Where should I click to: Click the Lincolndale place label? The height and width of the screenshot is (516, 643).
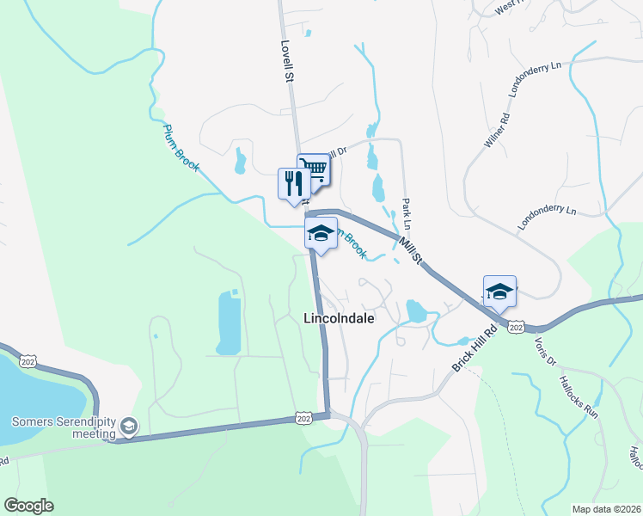[x=339, y=318]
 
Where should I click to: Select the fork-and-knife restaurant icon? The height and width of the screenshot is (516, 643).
[x=293, y=183]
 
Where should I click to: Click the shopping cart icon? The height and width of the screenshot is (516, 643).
[x=314, y=169]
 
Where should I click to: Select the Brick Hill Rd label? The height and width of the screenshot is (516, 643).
[x=475, y=349]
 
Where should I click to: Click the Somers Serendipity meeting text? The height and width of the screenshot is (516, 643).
[x=63, y=427]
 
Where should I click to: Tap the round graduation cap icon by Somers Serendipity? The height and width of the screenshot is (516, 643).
[x=128, y=426]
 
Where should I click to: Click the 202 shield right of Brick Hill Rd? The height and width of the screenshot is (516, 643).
[x=516, y=327]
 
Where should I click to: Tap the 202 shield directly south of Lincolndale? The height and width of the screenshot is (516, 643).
[x=303, y=417]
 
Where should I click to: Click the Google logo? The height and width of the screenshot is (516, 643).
[x=28, y=506]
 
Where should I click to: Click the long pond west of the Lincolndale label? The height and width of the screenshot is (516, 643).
[x=228, y=322]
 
